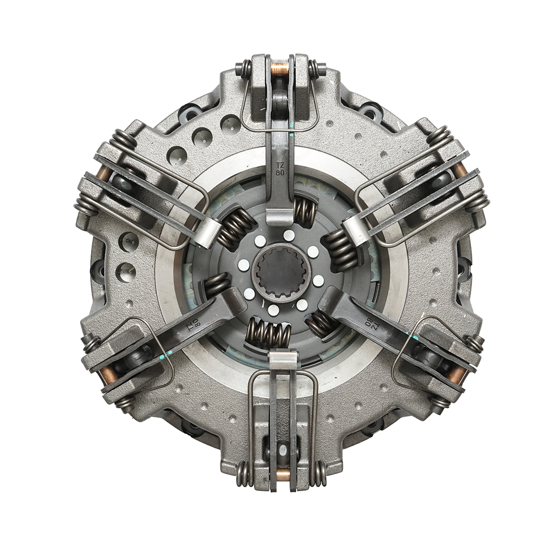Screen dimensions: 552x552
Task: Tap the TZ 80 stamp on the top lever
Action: coord(280,169)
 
